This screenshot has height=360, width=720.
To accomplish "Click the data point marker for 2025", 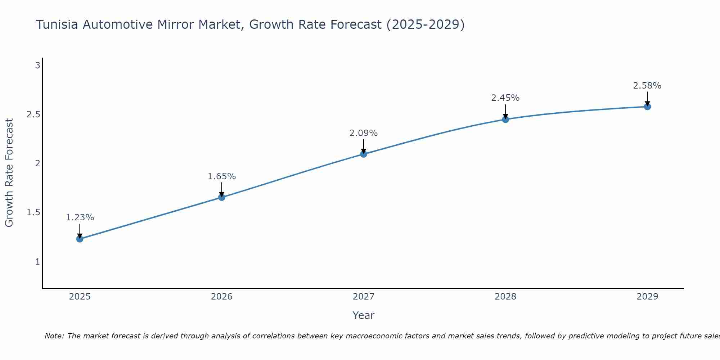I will pyautogui.click(x=80, y=239).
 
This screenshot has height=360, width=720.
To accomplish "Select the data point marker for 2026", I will pyautogui.click(x=222, y=197).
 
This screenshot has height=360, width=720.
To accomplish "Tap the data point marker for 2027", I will pyautogui.click(x=364, y=154).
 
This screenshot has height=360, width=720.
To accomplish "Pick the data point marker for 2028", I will pyautogui.click(x=505, y=119).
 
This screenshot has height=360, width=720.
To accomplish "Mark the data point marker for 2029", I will pyautogui.click(x=647, y=107).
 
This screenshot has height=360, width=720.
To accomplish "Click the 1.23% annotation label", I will pyautogui.click(x=80, y=217).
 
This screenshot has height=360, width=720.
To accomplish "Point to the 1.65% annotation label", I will pyautogui.click(x=222, y=176).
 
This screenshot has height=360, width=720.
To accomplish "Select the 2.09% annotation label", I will pyautogui.click(x=364, y=133).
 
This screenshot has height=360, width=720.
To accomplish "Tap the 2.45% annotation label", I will pyautogui.click(x=505, y=98).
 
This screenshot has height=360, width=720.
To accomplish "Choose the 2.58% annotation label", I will pyautogui.click(x=647, y=86).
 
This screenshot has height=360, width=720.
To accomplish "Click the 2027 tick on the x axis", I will pyautogui.click(x=364, y=297).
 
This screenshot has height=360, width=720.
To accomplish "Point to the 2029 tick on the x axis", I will pyautogui.click(x=647, y=297).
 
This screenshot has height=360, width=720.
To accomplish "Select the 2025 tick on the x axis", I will pyautogui.click(x=80, y=297).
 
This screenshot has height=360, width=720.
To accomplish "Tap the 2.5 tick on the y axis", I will pyautogui.click(x=33, y=114).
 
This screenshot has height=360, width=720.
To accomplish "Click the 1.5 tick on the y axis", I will pyautogui.click(x=33, y=212).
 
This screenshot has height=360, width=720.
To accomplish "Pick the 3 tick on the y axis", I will pyautogui.click(x=37, y=66).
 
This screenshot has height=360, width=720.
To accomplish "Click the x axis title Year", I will pyautogui.click(x=364, y=315).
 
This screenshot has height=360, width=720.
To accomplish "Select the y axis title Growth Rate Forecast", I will pyautogui.click(x=9, y=173).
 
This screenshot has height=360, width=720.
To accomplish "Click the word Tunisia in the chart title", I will pyautogui.click(x=57, y=24).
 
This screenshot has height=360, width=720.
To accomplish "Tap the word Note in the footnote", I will pyautogui.click(x=54, y=336).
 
